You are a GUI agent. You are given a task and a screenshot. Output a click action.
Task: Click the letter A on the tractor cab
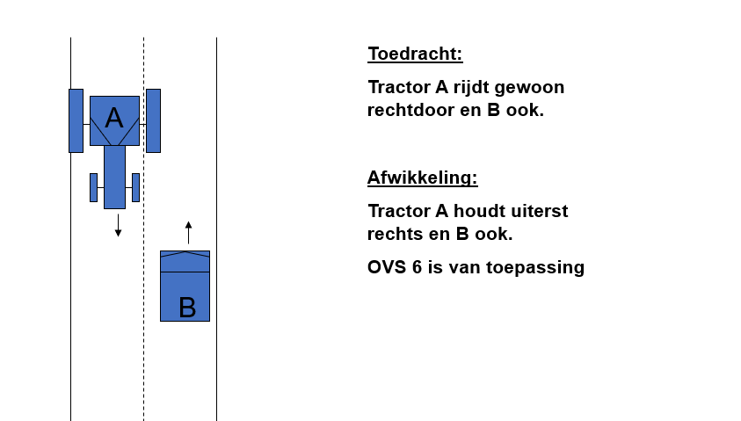pyautogui.click(x=114, y=118)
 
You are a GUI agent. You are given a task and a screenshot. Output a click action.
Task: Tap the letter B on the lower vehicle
pyautogui.click(x=187, y=308)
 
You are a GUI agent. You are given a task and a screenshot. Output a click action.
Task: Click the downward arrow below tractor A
pyautogui.click(x=118, y=225)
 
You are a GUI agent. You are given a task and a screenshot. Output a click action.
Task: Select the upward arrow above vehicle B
pyautogui.click(x=189, y=232)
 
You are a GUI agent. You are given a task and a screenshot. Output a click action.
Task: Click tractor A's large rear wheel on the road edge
pyautogui.click(x=76, y=120)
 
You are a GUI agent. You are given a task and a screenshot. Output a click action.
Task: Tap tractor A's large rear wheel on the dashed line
pyautogui.click(x=153, y=120)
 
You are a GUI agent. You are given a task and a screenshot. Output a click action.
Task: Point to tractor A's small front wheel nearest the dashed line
pyautogui.click(x=135, y=187)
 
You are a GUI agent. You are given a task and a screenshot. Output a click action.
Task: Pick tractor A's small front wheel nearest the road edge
pyautogui.click(x=93, y=187)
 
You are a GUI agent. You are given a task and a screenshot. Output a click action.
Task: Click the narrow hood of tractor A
pyautogui.click(x=114, y=177)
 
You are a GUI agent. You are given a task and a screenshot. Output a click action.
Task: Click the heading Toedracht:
pyautogui.click(x=416, y=54)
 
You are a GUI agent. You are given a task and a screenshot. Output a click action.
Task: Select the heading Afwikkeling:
pyautogui.click(x=423, y=178)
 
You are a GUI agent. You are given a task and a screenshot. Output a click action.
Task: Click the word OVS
pyautogui.click(x=387, y=267)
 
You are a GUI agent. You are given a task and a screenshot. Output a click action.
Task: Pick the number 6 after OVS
pyautogui.click(x=417, y=267)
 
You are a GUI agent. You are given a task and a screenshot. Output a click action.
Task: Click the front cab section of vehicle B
pyautogui.click(x=185, y=261)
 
